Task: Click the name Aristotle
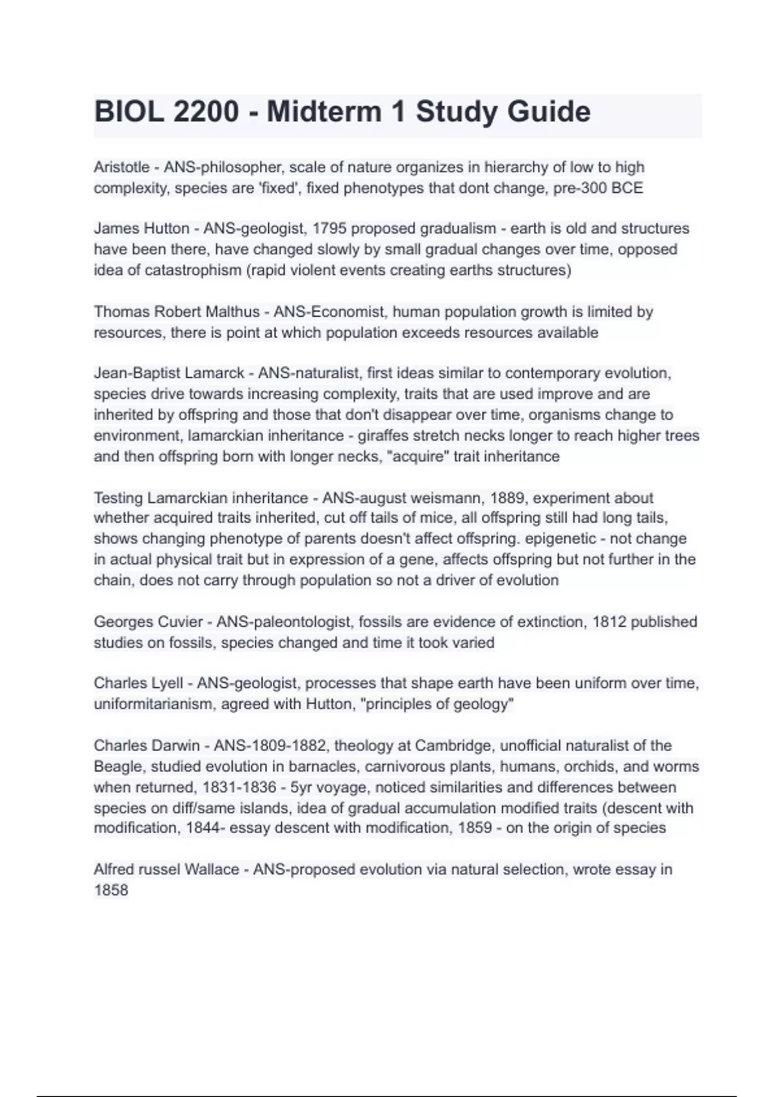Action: click(122, 168)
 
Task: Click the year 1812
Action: click(609, 622)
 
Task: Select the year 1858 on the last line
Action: click(111, 891)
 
